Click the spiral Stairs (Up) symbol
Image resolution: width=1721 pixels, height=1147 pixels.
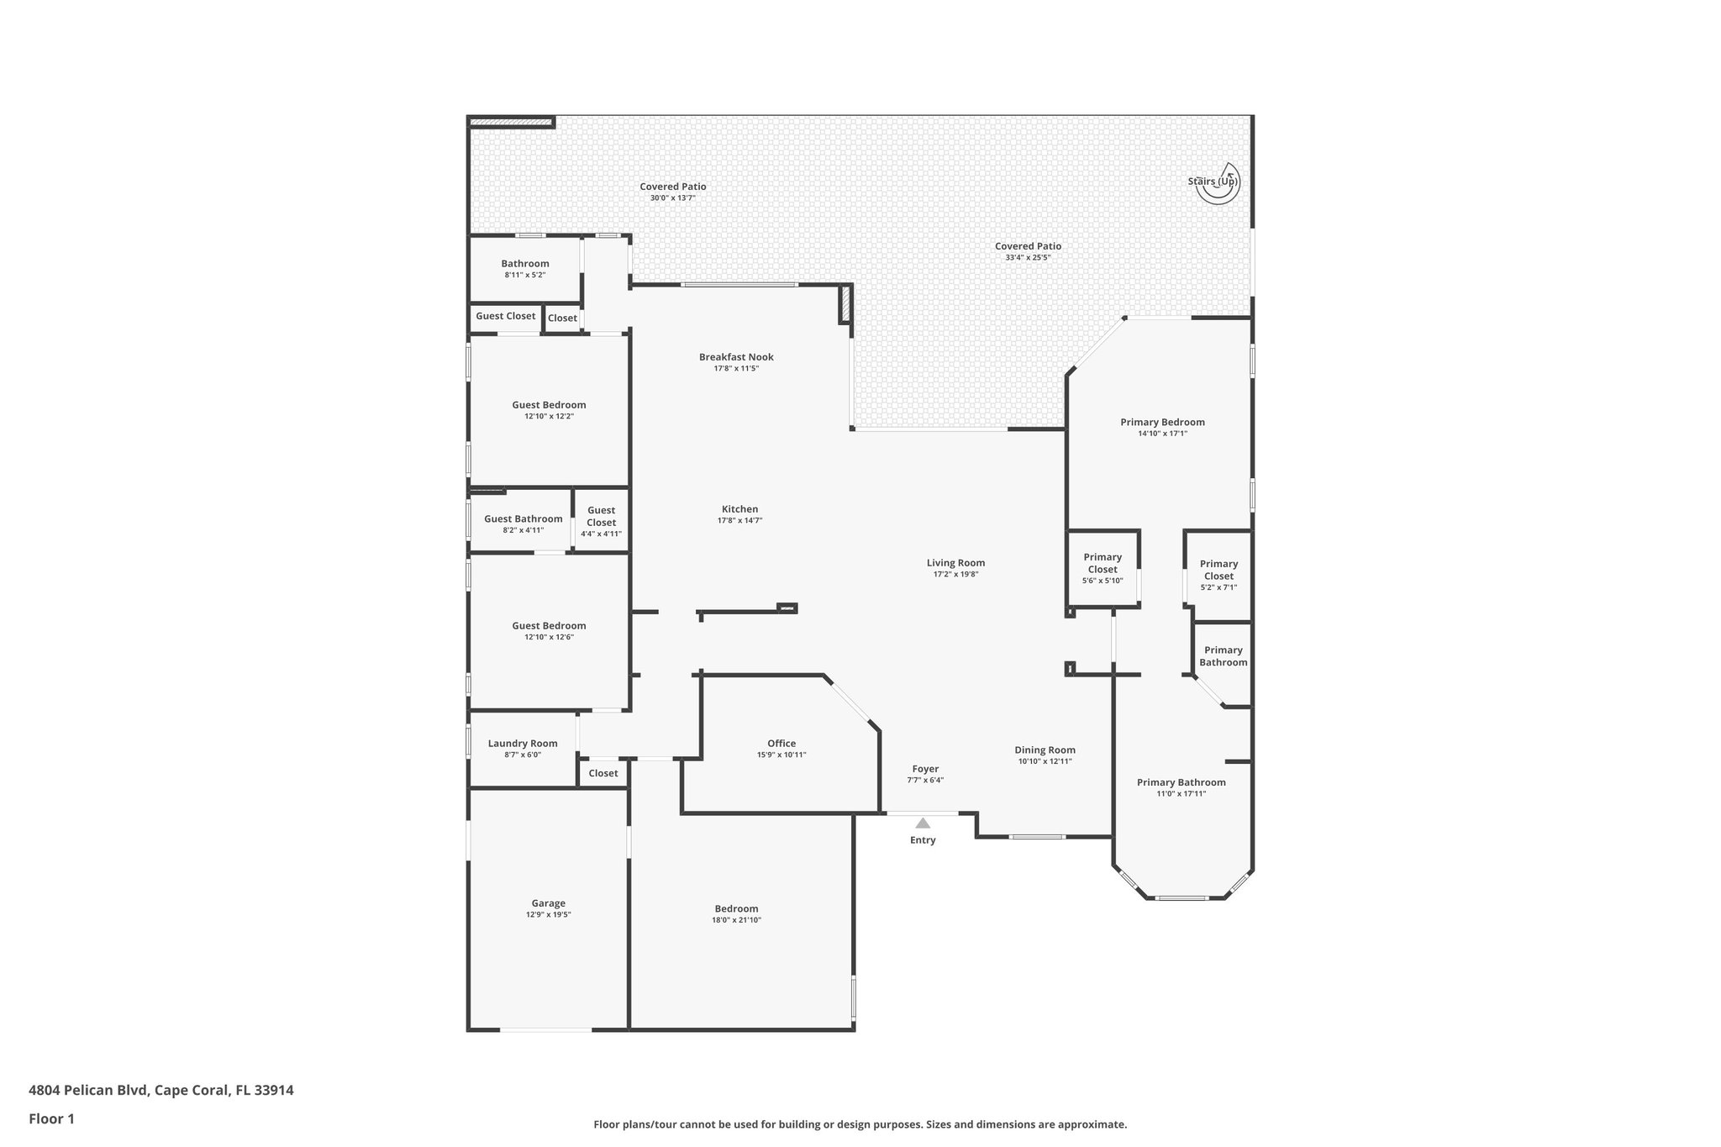(x=1218, y=184)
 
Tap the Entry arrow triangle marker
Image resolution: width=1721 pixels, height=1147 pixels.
(x=923, y=823)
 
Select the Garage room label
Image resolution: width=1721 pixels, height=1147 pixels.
(x=548, y=903)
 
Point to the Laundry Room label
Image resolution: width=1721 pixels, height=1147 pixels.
(x=523, y=744)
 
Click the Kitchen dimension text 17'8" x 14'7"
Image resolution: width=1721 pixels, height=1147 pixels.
(x=739, y=521)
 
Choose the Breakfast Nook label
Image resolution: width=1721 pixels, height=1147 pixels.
(x=736, y=357)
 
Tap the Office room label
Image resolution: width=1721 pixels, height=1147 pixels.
(x=782, y=744)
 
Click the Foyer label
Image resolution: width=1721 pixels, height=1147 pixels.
(x=925, y=769)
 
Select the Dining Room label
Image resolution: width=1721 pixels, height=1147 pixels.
(x=1045, y=750)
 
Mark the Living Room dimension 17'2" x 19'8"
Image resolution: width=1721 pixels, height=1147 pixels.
(x=955, y=575)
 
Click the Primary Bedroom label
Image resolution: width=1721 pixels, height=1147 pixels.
(x=1162, y=423)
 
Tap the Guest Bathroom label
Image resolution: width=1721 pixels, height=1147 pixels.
(x=523, y=519)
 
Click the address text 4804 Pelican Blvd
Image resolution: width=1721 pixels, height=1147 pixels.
(x=89, y=1091)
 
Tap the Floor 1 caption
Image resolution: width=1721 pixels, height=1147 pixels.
(x=51, y=1118)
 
